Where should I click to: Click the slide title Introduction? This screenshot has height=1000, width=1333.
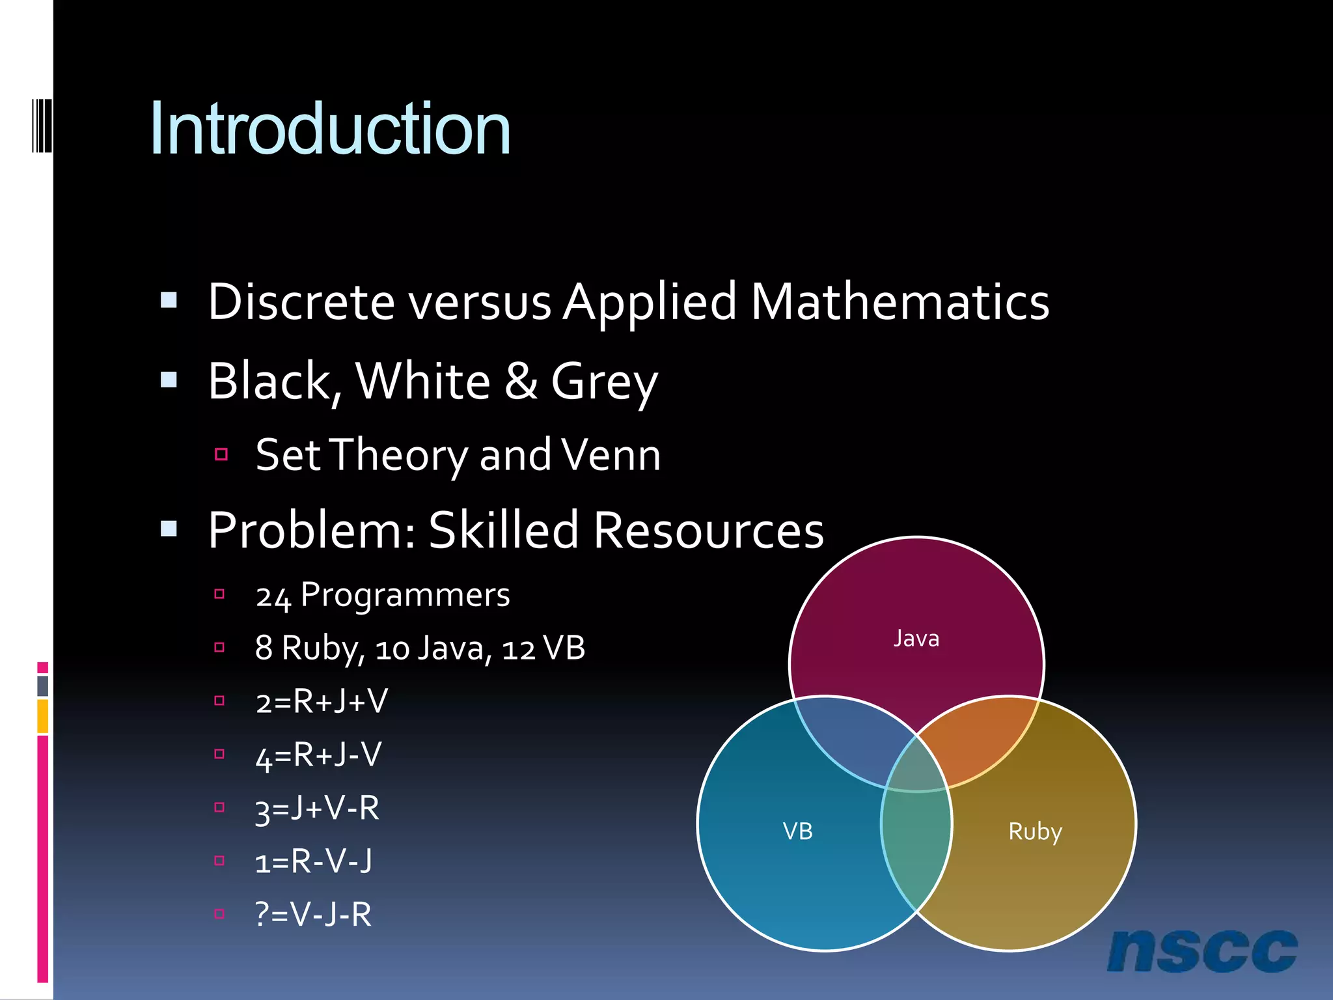(x=330, y=129)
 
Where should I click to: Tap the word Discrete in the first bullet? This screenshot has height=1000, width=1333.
(x=301, y=302)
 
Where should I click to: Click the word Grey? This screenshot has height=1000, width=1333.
(x=604, y=382)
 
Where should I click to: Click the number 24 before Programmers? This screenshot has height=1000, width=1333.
(x=273, y=596)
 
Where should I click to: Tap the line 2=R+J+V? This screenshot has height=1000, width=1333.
(x=322, y=702)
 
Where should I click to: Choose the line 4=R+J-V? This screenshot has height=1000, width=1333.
(x=318, y=755)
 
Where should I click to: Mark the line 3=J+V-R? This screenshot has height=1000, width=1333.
(x=317, y=809)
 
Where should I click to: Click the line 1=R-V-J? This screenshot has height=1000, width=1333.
(x=313, y=862)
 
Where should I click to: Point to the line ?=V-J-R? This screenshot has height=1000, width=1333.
(x=313, y=915)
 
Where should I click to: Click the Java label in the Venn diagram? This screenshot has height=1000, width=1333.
(x=916, y=639)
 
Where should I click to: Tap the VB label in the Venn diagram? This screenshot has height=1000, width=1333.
(x=797, y=831)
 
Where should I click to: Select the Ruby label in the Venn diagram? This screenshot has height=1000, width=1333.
(x=1035, y=831)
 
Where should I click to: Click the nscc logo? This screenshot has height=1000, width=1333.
(x=1202, y=951)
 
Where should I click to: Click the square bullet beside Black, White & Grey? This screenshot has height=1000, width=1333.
(x=169, y=380)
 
